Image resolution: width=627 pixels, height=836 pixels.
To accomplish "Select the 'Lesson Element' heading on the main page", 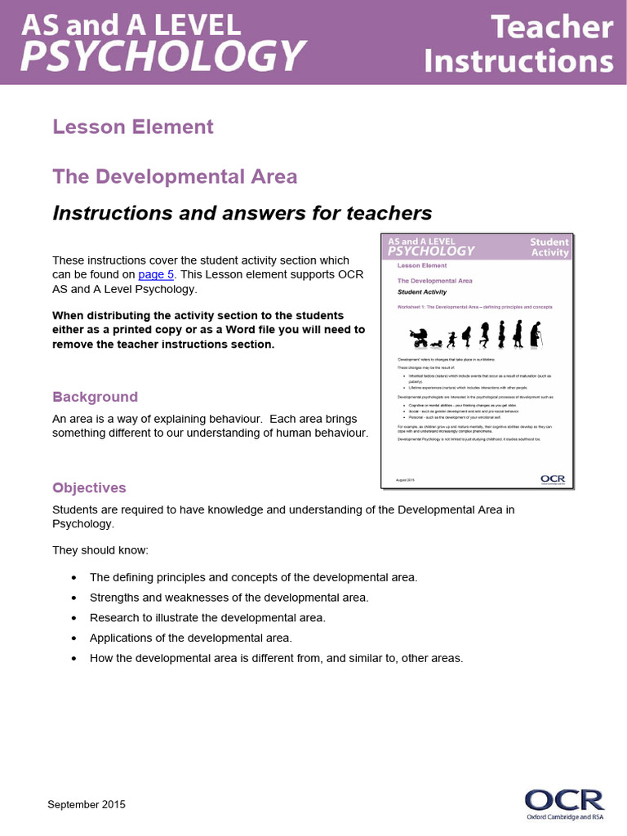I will point(133,127).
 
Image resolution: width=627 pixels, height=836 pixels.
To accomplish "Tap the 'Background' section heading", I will point(95,397).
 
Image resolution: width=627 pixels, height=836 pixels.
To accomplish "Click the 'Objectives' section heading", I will point(89,487).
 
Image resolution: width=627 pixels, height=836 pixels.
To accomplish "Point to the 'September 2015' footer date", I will point(87,804).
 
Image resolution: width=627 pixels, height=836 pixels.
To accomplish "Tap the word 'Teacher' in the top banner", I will point(552,28).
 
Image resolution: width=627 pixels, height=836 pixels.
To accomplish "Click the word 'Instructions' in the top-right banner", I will point(520,60).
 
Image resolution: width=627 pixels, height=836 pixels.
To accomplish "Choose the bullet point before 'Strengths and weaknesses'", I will point(74,598).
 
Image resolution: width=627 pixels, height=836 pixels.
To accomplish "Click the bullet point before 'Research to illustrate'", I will point(74,618).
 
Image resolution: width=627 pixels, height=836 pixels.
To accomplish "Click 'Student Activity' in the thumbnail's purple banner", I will point(549,247).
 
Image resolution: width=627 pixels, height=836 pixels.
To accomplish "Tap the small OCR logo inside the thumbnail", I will point(553,479).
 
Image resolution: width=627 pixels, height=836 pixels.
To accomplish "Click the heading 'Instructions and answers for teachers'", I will point(242,213).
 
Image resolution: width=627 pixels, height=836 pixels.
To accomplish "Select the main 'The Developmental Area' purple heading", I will point(175,176).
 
